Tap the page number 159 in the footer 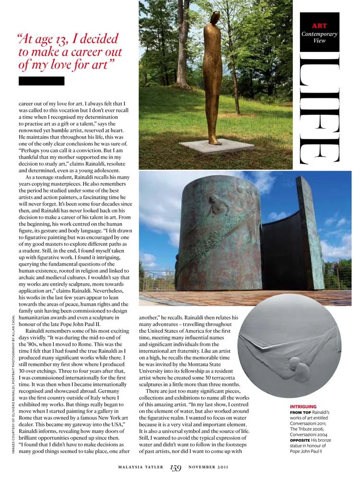coord(175,467)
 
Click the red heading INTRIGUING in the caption coord(303,407)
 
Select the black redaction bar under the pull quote coord(41,81)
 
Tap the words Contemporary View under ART coord(319,37)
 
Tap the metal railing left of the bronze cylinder coord(157,281)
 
